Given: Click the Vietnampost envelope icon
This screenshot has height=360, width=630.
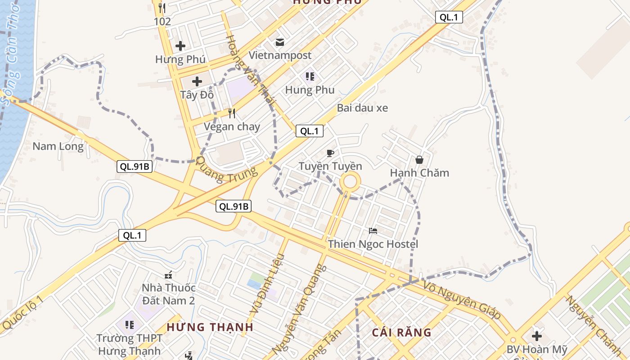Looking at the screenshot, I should (280, 42).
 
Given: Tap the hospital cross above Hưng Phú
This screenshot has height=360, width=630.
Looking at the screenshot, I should (180, 46).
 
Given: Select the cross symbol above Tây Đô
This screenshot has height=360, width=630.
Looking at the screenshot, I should (197, 81).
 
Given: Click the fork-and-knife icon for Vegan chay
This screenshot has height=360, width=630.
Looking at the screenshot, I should (232, 113).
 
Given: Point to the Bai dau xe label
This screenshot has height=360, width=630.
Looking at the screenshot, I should (362, 108).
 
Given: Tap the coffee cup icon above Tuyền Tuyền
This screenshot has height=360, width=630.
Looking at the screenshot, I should (330, 153).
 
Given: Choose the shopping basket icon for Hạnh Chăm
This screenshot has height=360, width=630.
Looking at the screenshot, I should (419, 160).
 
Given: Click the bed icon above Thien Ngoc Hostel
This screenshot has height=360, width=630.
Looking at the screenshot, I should (373, 231).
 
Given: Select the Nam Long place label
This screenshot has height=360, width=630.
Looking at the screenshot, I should (58, 146).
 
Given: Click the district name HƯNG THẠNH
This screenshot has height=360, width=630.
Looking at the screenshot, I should (210, 327).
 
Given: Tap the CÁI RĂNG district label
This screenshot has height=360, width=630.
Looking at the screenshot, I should (402, 333).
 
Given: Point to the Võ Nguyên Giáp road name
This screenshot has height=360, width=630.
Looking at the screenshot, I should (462, 299).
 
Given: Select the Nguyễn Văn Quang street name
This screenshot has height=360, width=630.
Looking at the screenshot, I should (299, 308).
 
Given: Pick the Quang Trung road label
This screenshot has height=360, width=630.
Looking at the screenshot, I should (227, 170).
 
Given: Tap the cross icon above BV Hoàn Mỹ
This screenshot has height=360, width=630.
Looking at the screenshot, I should (536, 336).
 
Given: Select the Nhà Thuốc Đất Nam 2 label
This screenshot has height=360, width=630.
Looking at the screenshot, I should (168, 294).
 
